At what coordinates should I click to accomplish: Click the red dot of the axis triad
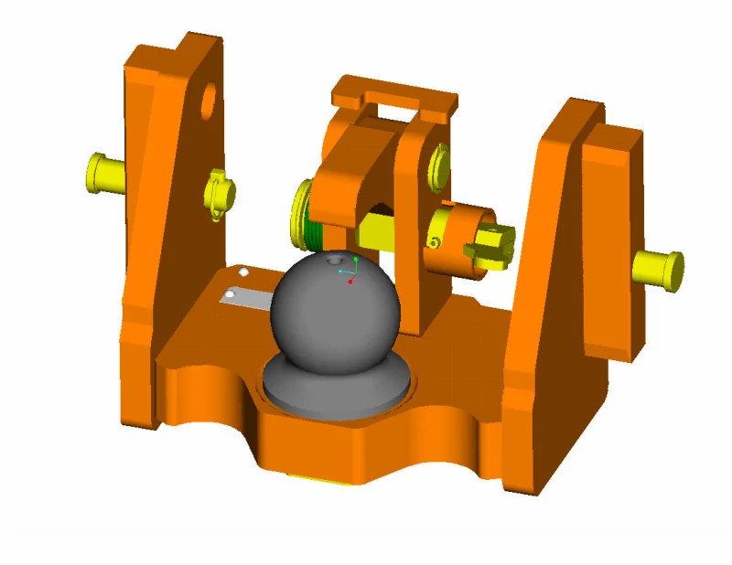pyautogui.click(x=350, y=281)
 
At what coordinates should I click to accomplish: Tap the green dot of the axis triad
pyautogui.click(x=356, y=260)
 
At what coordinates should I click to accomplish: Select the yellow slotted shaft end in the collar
pyautogui.click(x=490, y=246)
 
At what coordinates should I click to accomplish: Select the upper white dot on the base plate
pyautogui.click(x=243, y=272)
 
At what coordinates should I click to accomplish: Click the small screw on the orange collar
pyautogui.click(x=434, y=242)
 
